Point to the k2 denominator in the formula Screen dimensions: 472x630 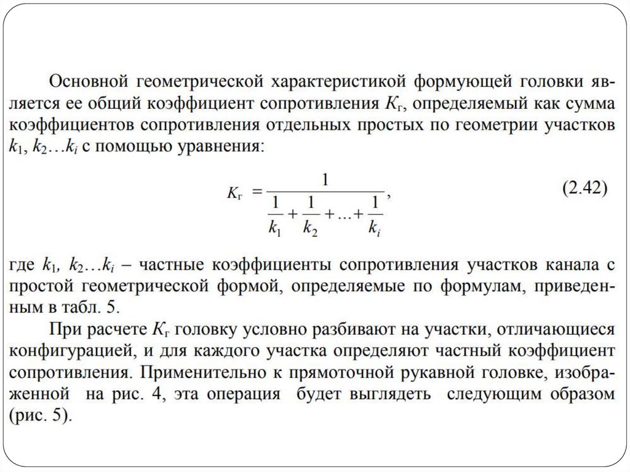310,226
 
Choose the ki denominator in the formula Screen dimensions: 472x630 373,226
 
